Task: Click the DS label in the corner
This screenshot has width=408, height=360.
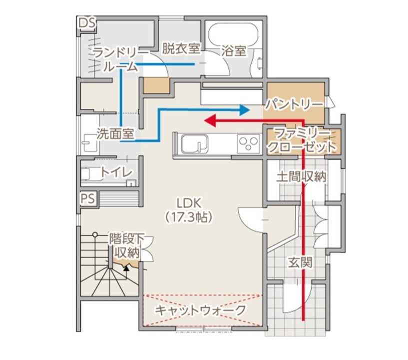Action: coord(87,23)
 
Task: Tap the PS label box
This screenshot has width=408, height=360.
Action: coord(87,198)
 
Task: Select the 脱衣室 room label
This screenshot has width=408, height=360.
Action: coord(181,48)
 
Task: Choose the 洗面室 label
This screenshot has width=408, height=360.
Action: coord(114,134)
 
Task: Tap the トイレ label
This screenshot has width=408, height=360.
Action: coord(117,171)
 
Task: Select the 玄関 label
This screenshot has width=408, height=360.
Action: coord(300,262)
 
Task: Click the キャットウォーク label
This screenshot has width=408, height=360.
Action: coord(200,310)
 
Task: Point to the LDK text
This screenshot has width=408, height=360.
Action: coord(189,202)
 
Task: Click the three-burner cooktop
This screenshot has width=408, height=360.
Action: coord(248,144)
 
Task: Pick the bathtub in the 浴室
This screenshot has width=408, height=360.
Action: coord(232,34)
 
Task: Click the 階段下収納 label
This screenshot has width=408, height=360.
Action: coord(126,245)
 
